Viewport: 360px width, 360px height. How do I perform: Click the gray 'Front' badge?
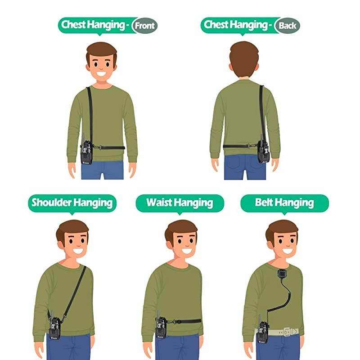point(145,26)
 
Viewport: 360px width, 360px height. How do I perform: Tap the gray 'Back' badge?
point(287,26)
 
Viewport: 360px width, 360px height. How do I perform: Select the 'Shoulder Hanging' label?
point(72,202)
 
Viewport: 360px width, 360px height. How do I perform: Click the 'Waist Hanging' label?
point(180,202)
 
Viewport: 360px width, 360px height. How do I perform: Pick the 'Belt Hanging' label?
point(284,202)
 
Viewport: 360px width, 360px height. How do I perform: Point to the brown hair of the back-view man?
point(244,56)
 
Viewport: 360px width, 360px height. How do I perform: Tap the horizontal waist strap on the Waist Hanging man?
point(184,322)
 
